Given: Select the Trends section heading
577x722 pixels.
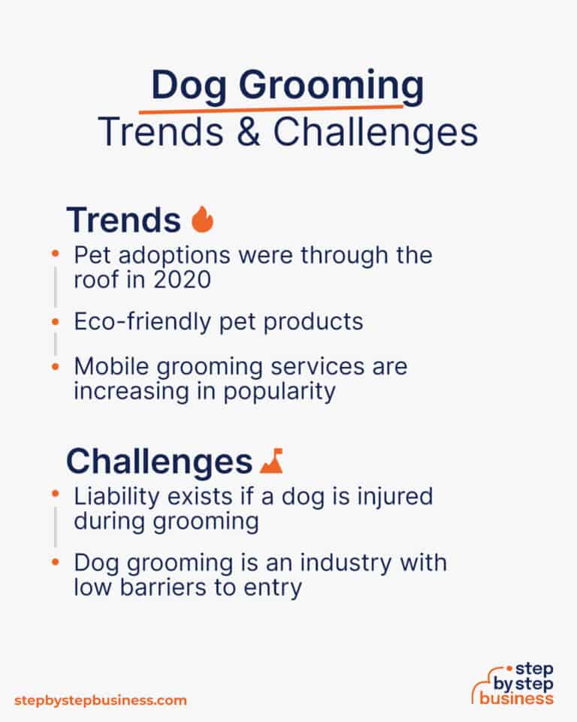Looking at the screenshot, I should tap(123, 220).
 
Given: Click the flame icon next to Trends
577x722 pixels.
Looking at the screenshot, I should tap(202, 220).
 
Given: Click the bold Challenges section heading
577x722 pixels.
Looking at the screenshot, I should tap(159, 462).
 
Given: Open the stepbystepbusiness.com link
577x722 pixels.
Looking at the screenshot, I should tap(100, 700).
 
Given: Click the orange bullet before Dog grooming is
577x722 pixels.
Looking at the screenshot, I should tap(55, 562).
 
